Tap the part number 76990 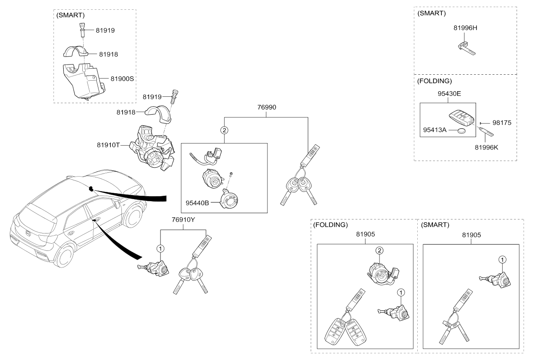point(267,107)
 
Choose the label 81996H point(465,28)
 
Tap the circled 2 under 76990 point(224,130)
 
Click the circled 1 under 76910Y point(160,248)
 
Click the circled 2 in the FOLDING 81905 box point(378,251)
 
